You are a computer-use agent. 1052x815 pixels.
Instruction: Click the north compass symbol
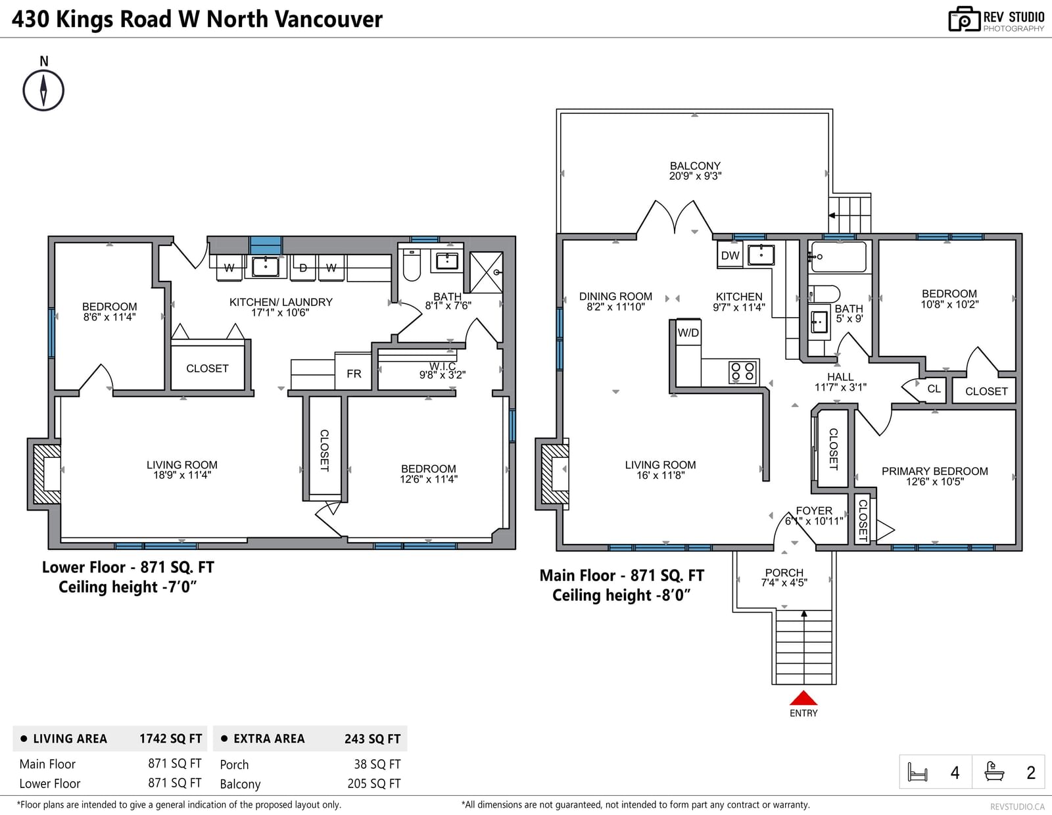click(x=43, y=90)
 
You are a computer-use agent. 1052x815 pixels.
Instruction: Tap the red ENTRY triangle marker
click(x=803, y=698)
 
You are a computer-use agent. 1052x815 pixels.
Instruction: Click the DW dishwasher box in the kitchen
click(x=730, y=255)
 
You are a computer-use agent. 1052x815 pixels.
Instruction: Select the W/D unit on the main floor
click(x=688, y=333)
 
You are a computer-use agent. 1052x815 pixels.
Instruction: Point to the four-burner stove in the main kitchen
click(x=742, y=372)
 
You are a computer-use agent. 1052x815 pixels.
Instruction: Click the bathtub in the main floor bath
click(x=838, y=257)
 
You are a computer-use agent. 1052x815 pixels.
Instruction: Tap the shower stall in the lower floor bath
click(x=487, y=272)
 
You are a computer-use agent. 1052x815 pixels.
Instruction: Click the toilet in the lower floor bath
click(x=412, y=265)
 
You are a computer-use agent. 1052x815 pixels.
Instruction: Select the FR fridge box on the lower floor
click(x=354, y=373)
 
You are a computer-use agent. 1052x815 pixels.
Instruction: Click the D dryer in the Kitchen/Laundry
click(x=303, y=268)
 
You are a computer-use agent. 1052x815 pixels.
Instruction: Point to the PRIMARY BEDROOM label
click(x=934, y=471)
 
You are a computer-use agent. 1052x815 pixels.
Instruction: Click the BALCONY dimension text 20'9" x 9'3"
click(x=695, y=176)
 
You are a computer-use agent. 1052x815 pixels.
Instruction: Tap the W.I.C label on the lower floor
click(x=442, y=366)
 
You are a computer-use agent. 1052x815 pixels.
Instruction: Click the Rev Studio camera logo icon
click(x=964, y=19)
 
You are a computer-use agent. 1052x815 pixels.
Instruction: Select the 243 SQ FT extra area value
click(x=372, y=739)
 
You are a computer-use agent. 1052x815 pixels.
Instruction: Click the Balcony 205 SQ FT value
click(x=373, y=783)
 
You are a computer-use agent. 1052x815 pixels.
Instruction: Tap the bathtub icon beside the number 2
click(x=994, y=772)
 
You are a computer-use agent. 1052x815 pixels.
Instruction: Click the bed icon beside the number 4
click(x=917, y=772)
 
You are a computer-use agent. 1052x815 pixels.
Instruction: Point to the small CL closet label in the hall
click(x=934, y=388)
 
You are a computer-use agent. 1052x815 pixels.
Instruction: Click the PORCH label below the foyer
click(x=784, y=572)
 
